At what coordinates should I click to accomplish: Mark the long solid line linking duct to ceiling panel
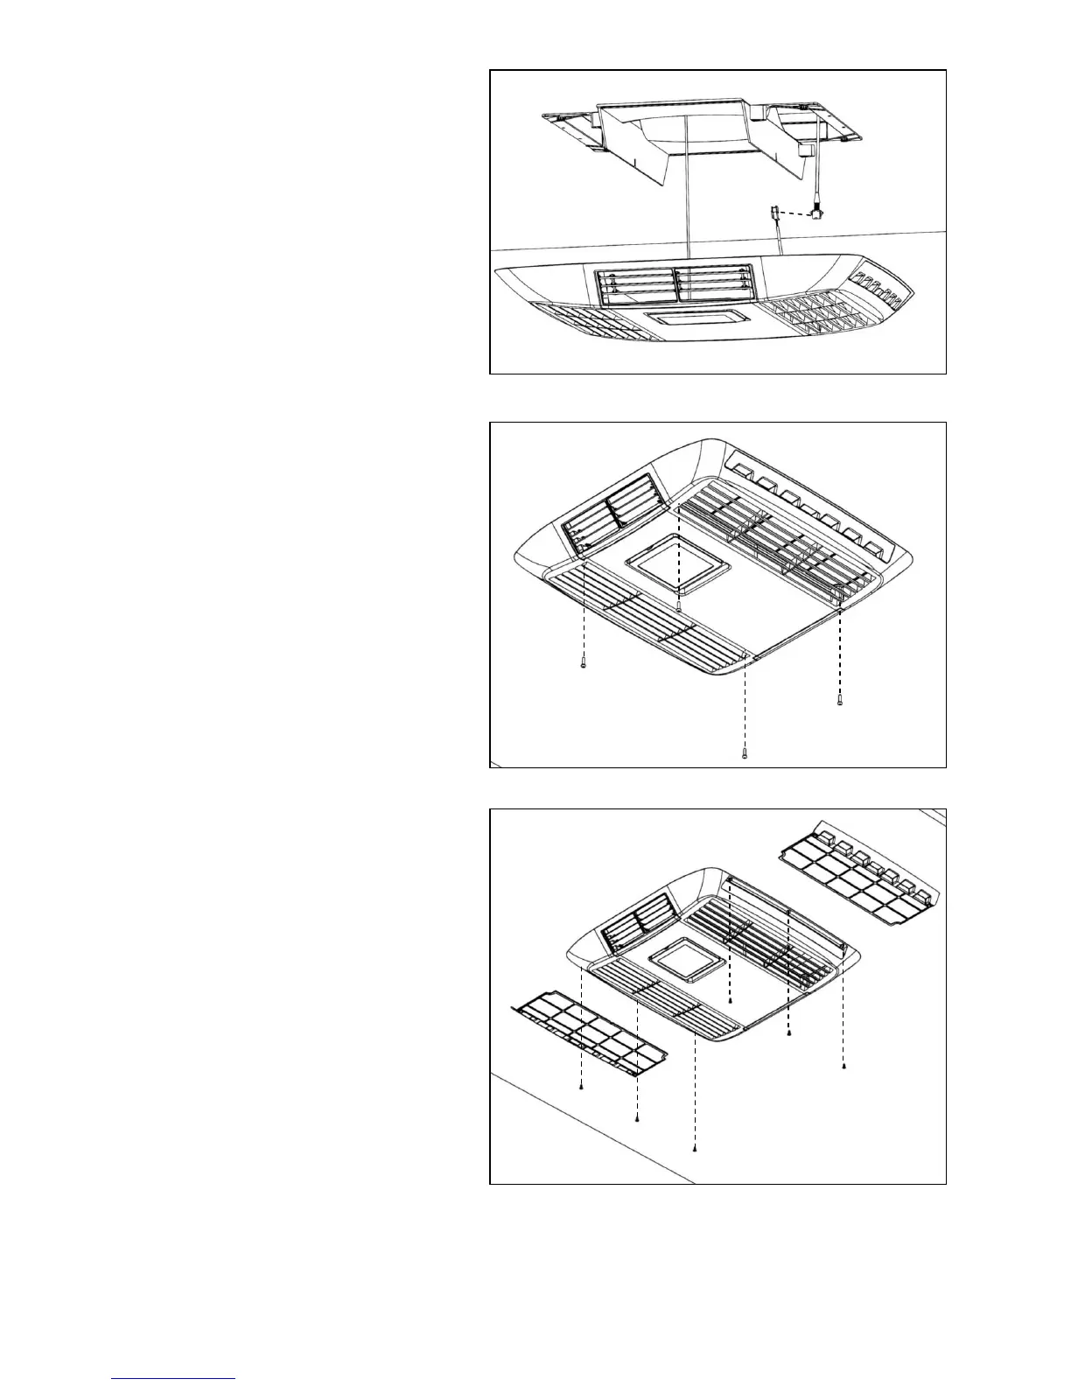687,192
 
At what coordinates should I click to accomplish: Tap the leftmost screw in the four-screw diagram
583,665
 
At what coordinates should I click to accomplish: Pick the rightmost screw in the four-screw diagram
839,701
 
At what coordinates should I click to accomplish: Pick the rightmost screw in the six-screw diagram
843,1066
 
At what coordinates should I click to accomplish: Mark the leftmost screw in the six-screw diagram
582,1087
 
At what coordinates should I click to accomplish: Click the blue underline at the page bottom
174,1379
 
